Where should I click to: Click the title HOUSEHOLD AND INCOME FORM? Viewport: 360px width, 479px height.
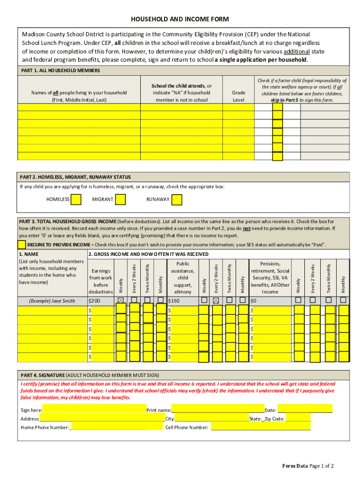click(180, 20)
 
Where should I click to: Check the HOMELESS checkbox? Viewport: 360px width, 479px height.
click(76, 200)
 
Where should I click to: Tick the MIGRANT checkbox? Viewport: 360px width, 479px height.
click(120, 200)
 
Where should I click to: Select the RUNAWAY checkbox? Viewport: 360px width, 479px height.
click(176, 200)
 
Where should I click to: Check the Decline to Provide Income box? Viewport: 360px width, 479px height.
click(22, 245)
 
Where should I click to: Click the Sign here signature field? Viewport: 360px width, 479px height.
click(94, 410)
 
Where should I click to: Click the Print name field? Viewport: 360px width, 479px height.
click(217, 410)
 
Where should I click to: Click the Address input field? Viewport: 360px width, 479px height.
click(102, 418)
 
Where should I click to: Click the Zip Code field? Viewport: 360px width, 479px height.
click(297, 418)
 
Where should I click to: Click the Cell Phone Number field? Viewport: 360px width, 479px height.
click(260, 427)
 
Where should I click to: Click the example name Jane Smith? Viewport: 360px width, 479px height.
click(51, 301)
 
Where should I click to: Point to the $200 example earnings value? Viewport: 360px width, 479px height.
click(95, 301)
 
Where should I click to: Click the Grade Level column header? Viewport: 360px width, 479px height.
click(238, 96)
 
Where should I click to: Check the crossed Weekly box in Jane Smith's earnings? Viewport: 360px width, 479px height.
click(121, 300)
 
